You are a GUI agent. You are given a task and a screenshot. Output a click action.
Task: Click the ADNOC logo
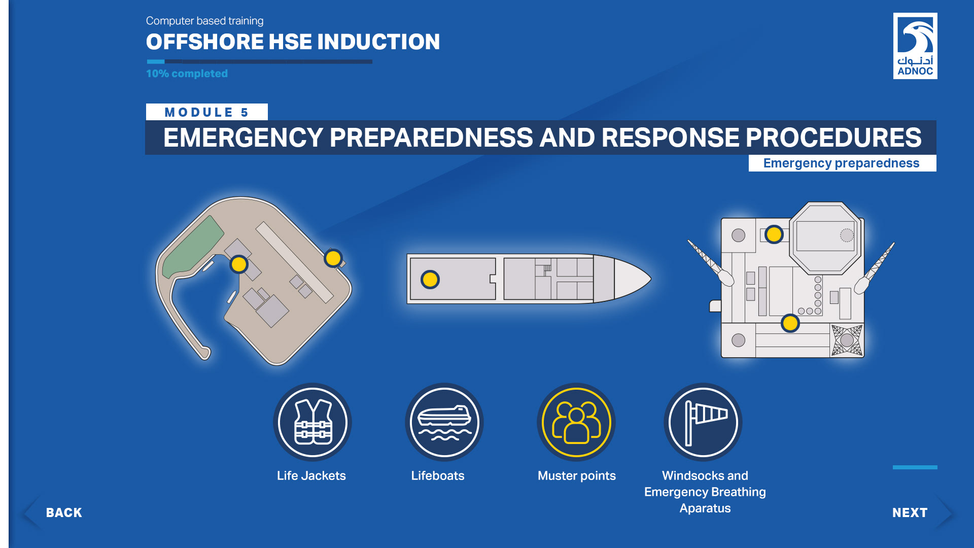pos(915,46)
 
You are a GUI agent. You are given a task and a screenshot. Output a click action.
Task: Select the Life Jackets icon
pos(312,422)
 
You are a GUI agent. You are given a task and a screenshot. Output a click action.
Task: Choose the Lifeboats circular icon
pos(444,422)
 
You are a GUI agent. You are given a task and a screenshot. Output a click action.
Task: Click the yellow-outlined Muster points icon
pos(576,422)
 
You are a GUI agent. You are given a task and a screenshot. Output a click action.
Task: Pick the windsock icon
pos(703,422)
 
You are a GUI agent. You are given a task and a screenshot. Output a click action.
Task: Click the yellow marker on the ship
pos(430,279)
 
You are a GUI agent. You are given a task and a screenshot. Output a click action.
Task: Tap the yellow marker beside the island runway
pos(333,258)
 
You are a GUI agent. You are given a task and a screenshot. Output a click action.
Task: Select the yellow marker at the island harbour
pos(239,264)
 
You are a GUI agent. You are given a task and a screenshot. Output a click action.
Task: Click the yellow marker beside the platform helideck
pos(774,234)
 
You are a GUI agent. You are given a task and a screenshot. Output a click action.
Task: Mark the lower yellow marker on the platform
pos(790,323)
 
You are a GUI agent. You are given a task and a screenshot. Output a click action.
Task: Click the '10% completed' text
pos(187,74)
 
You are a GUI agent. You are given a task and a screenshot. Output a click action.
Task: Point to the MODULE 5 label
pos(206,112)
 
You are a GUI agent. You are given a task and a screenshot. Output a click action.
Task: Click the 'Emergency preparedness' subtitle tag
pos(842,163)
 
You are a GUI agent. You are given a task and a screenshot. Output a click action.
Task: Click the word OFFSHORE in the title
pos(204,42)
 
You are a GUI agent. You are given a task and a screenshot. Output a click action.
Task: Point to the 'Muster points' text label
pos(577,475)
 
